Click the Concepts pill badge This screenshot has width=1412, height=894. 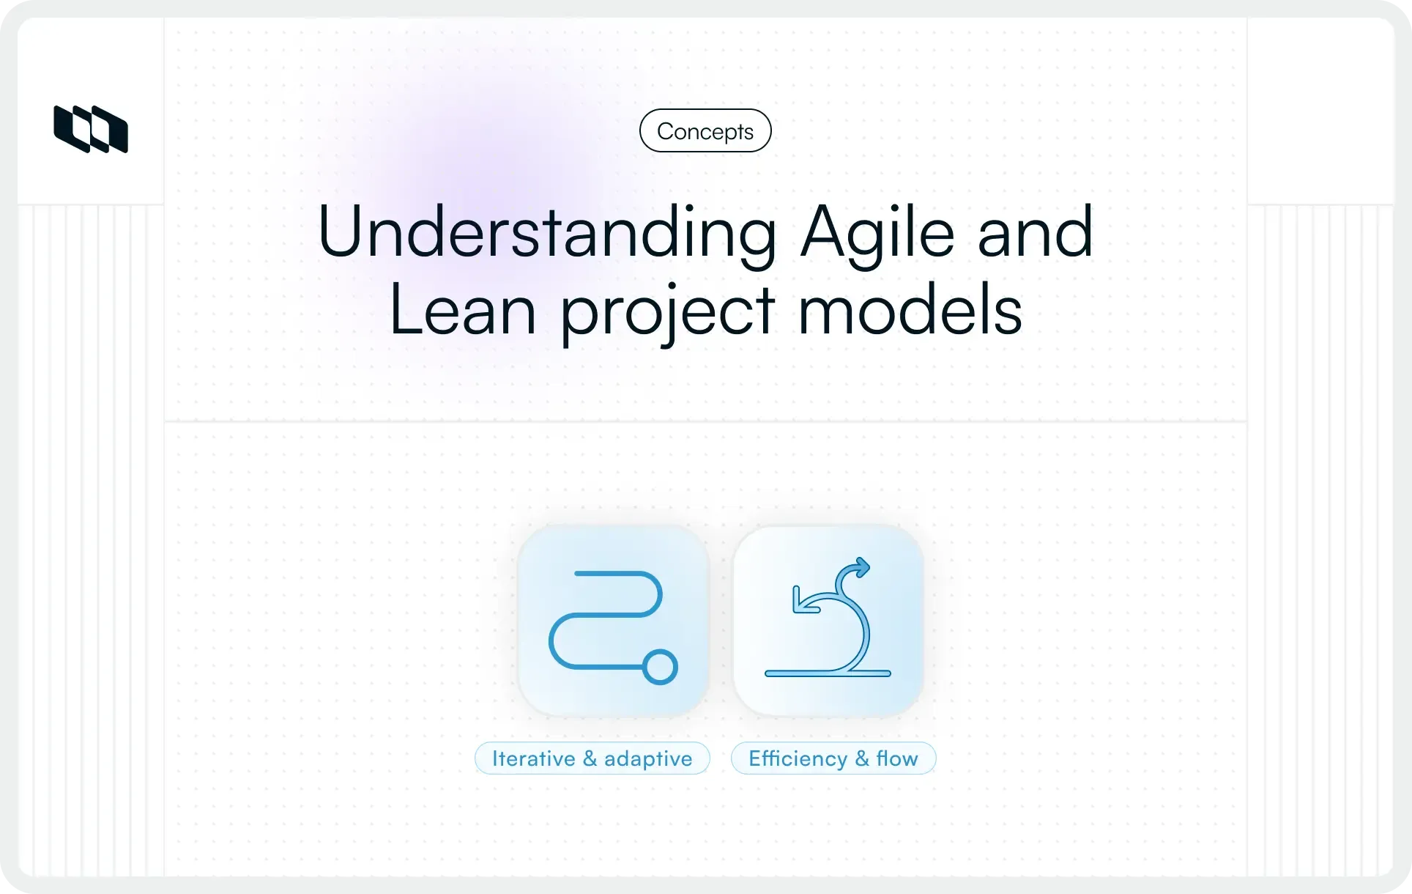tap(705, 131)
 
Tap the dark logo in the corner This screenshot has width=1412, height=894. tap(91, 130)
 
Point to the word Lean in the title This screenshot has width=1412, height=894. tap(462, 311)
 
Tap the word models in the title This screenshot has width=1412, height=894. tap(910, 311)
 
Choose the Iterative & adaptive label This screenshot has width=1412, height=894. tap(592, 758)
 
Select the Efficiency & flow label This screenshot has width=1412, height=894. tap(833, 758)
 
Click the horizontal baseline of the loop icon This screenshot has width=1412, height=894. tap(828, 673)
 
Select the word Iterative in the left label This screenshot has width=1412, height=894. tap(533, 758)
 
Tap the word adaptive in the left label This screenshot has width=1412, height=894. tap(647, 759)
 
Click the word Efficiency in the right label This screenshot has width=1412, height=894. tap(798, 758)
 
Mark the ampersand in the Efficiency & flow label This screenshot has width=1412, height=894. tap(862, 758)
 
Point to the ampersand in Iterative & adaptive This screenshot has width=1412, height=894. tap(590, 758)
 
